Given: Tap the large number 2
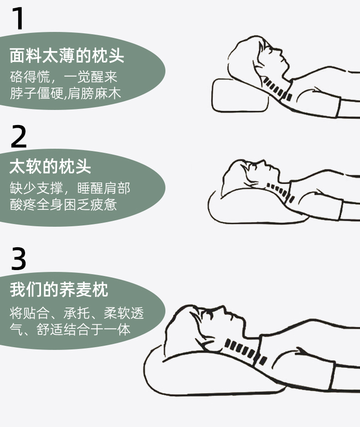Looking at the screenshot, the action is point(19,136).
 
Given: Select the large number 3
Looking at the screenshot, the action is point(19,258).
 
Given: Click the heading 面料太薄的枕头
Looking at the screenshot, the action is point(67,55).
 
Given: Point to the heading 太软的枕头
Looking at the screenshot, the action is point(50,166).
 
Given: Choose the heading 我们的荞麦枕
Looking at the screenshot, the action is point(59,289).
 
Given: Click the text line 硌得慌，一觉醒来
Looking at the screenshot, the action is point(63,77).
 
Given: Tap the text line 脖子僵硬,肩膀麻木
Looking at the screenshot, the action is point(65,93).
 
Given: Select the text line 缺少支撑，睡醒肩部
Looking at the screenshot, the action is point(70,188).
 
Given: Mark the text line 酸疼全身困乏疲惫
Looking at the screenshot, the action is point(63,204).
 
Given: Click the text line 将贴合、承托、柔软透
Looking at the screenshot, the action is point(77,312).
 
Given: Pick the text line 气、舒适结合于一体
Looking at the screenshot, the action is point(70,329).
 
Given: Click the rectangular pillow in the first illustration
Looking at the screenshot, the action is point(239,96).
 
